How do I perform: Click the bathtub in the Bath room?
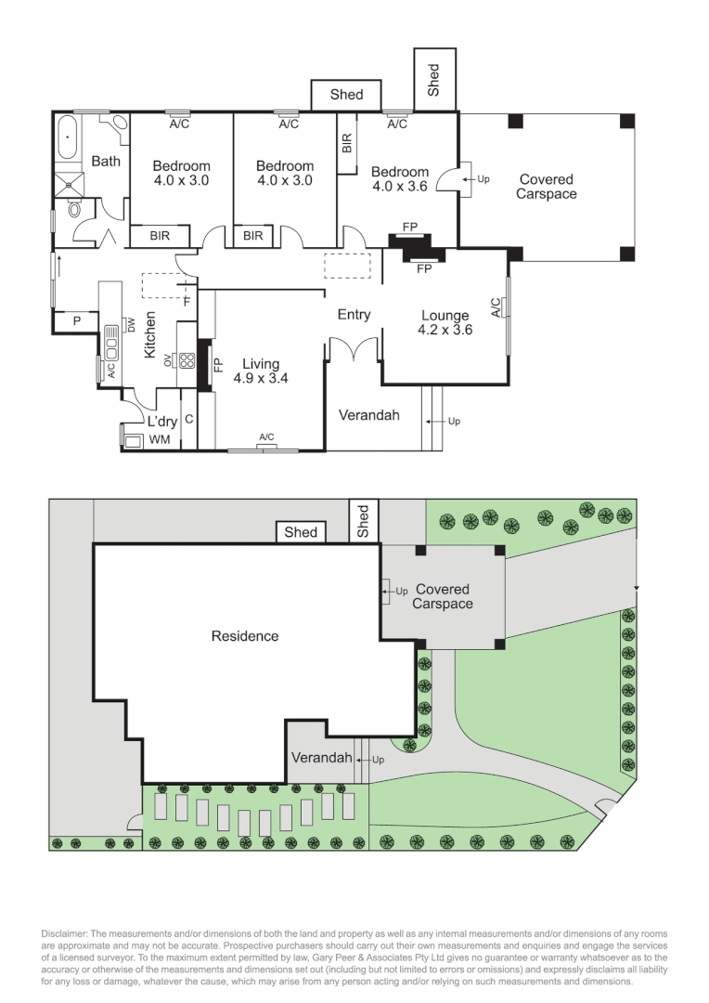pyautogui.click(x=69, y=138)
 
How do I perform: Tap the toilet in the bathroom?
pyautogui.click(x=77, y=210)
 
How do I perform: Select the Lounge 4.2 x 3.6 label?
pyautogui.click(x=445, y=322)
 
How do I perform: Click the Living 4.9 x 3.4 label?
pyautogui.click(x=261, y=371)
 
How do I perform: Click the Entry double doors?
pyautogui.click(x=354, y=348)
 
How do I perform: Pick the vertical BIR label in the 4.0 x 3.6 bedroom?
pyautogui.click(x=347, y=143)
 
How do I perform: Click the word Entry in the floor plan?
pyautogui.click(x=354, y=315)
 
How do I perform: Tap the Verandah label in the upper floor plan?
pyautogui.click(x=368, y=415)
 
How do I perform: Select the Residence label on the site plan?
pyautogui.click(x=245, y=636)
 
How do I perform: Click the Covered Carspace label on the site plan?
pyautogui.click(x=442, y=596)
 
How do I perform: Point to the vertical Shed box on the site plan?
pyautogui.click(x=363, y=521)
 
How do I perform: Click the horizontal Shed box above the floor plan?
pyautogui.click(x=348, y=95)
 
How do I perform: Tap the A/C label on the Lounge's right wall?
pyautogui.click(x=496, y=306)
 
